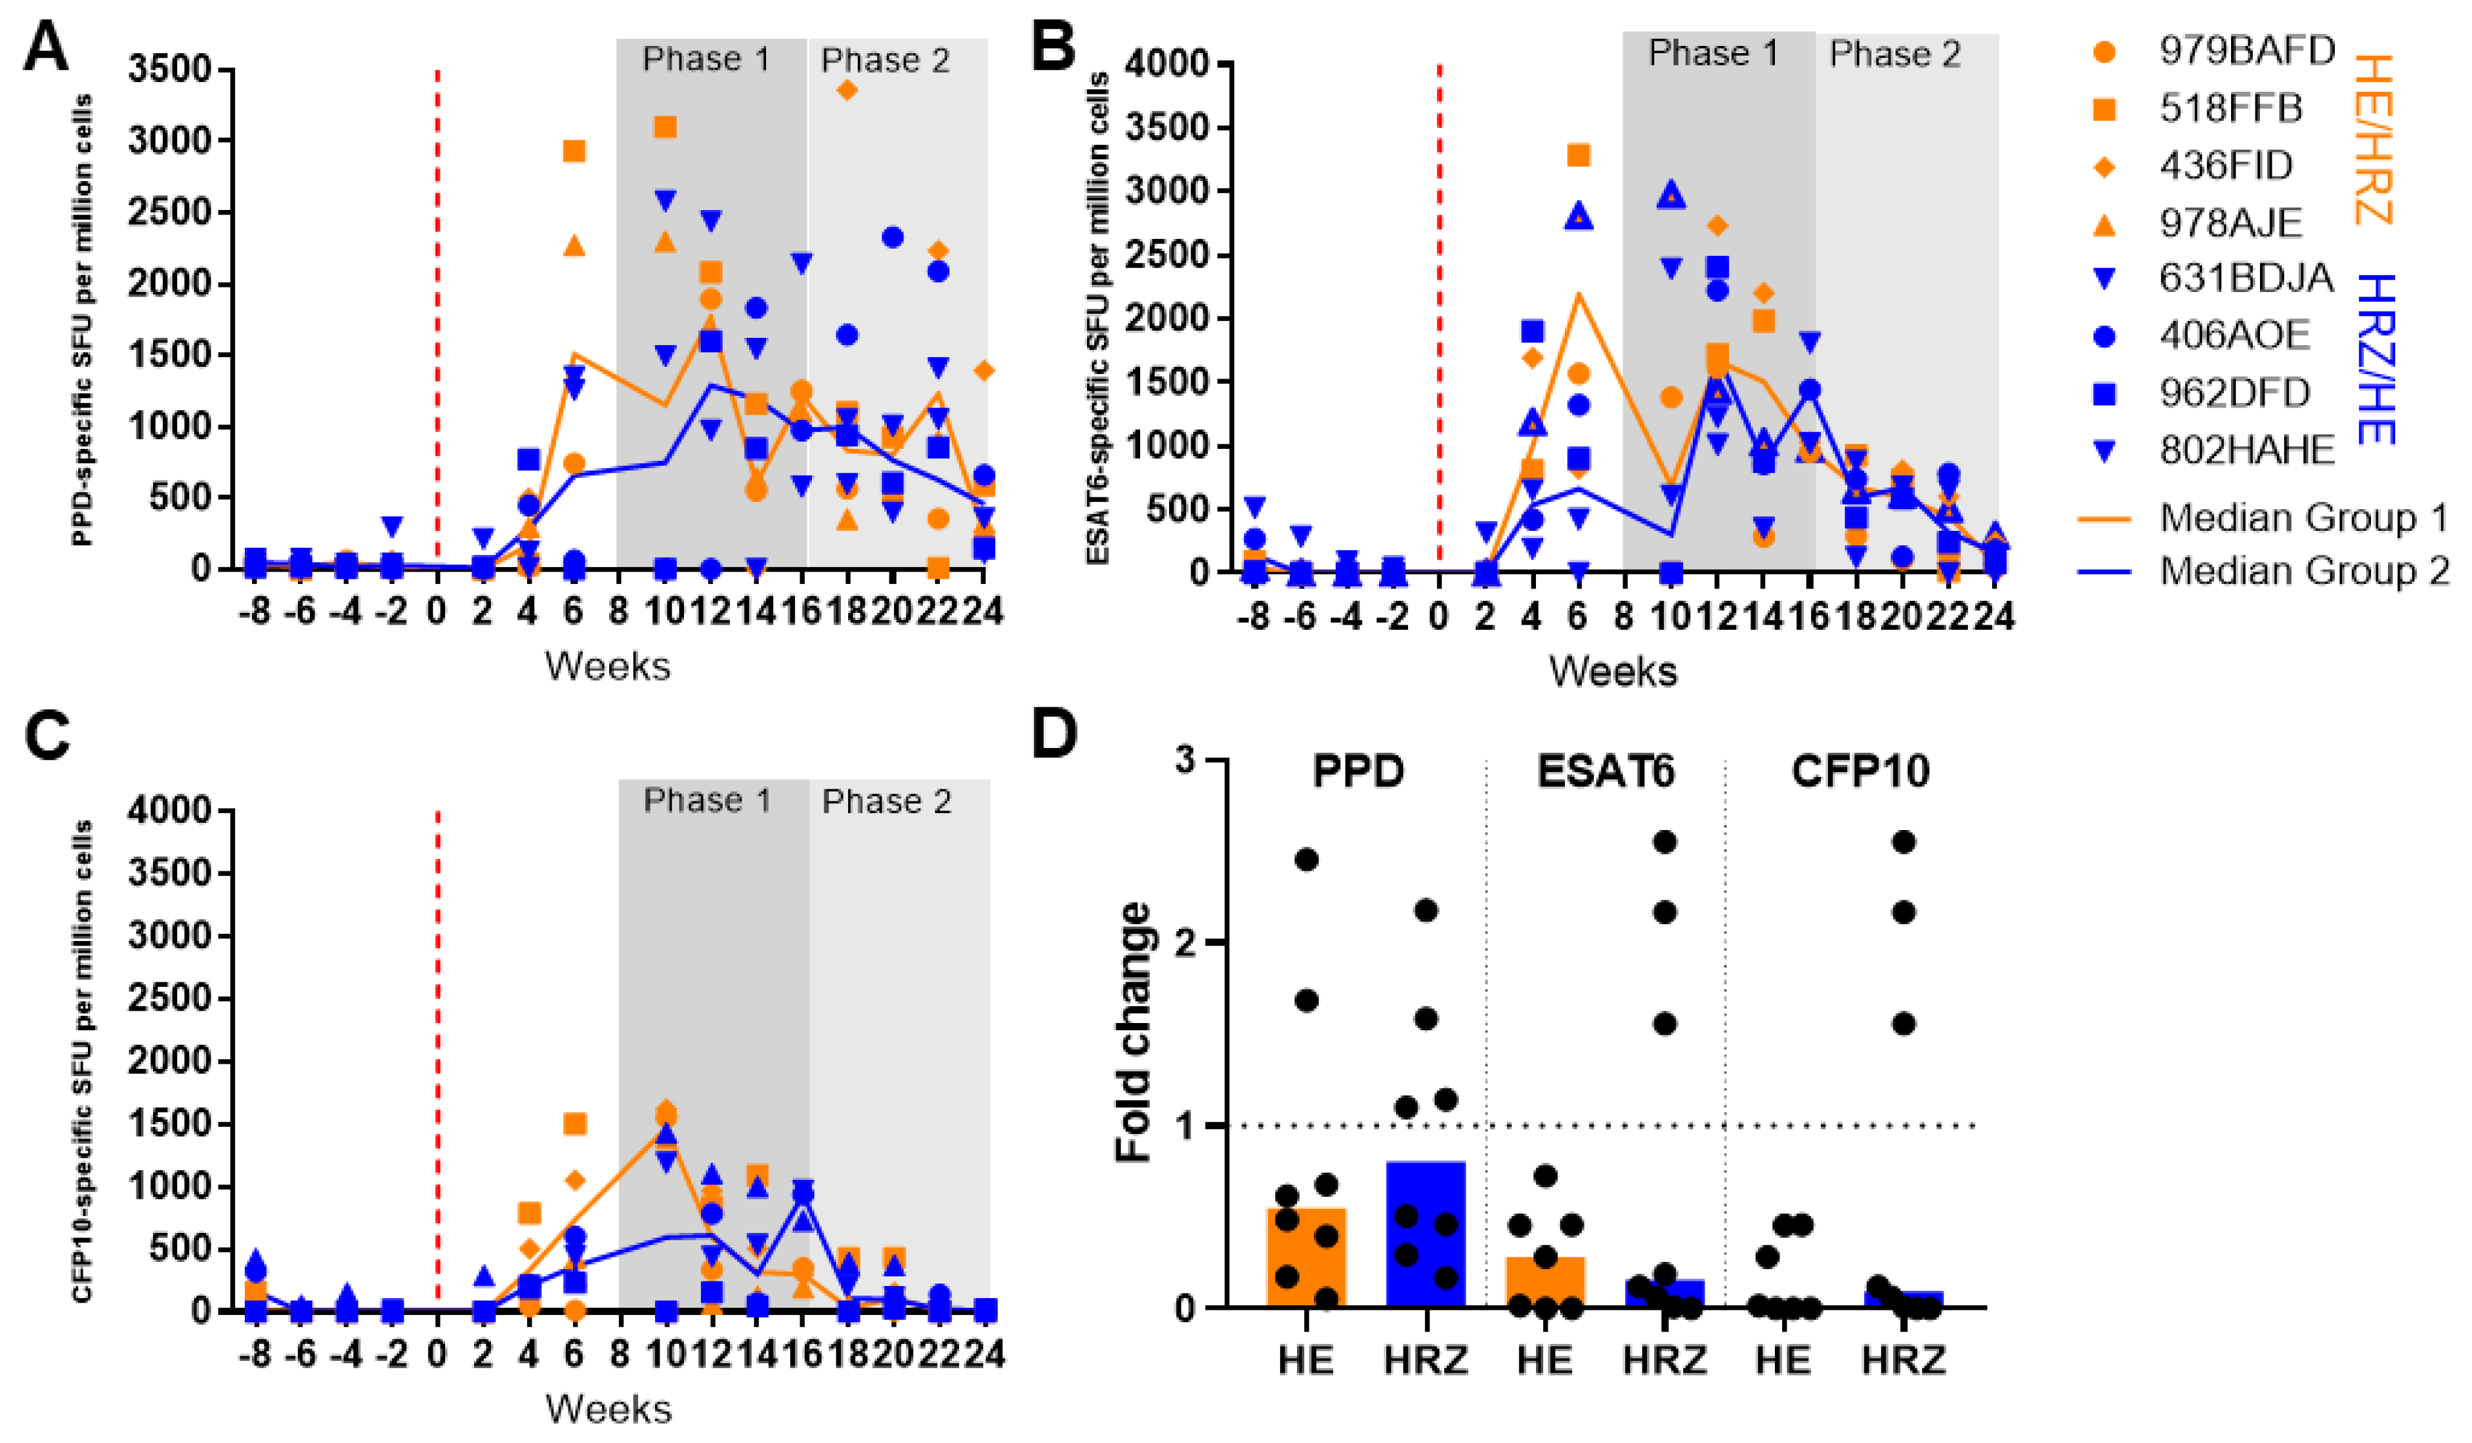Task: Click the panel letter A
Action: click(x=46, y=46)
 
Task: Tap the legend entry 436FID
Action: click(x=2225, y=166)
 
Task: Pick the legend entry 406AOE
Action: click(x=2234, y=335)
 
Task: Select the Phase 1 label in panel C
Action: click(x=706, y=801)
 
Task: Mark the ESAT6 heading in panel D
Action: click(x=1606, y=772)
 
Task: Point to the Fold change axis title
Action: click(x=1134, y=1032)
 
